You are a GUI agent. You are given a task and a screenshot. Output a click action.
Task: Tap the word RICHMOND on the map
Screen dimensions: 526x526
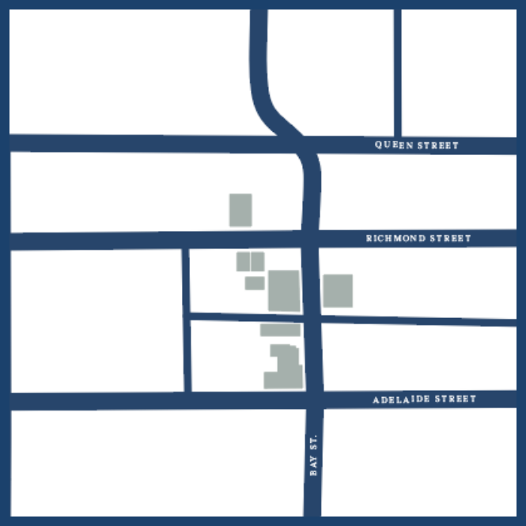(x=393, y=238)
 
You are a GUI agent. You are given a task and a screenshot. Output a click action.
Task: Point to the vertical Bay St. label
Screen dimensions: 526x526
(x=313, y=455)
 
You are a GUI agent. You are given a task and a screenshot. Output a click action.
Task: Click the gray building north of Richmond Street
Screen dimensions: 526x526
(x=240, y=210)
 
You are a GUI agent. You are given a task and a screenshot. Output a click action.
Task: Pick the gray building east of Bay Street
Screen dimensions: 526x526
(x=338, y=290)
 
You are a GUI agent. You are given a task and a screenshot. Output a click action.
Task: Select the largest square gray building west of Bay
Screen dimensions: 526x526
(x=284, y=290)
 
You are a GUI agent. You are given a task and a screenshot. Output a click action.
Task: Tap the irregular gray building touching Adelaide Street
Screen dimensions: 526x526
(x=284, y=369)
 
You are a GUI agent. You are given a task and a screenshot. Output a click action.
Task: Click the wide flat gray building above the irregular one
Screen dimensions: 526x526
(x=280, y=330)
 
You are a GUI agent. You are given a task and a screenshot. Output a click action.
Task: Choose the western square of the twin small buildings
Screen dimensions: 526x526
(x=244, y=261)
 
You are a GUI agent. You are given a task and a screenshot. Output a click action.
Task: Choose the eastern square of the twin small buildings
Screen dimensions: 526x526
(x=257, y=260)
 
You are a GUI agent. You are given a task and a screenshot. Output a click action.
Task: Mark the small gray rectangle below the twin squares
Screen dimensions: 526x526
(x=254, y=282)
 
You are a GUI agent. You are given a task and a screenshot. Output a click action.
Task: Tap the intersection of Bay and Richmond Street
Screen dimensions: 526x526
(x=310, y=238)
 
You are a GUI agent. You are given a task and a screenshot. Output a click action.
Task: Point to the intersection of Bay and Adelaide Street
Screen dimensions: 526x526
(x=312, y=400)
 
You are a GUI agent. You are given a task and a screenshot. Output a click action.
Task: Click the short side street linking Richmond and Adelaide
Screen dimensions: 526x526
(x=187, y=320)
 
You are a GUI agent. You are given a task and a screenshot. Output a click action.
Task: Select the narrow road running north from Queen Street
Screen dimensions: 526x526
(x=397, y=71)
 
